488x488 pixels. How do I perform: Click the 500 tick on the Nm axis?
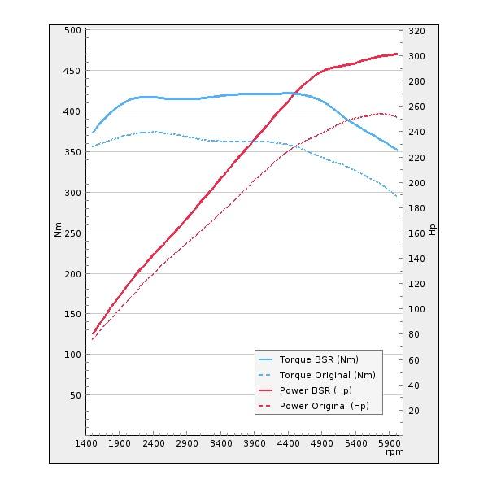(x=73, y=30)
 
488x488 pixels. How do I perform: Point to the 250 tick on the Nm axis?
(x=73, y=233)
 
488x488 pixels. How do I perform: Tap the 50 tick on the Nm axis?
(x=76, y=395)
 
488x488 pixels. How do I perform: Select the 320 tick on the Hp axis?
(x=416, y=31)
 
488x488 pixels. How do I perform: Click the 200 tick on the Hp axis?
(x=416, y=183)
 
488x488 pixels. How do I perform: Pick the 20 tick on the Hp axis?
(x=414, y=411)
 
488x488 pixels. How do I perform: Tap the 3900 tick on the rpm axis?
(x=255, y=443)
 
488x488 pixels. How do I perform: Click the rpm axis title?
(x=394, y=452)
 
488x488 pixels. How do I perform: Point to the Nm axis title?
(x=58, y=230)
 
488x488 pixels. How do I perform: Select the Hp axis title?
(x=432, y=230)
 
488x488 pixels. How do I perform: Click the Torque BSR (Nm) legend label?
(x=319, y=359)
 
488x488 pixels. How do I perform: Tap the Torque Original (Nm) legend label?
(x=327, y=375)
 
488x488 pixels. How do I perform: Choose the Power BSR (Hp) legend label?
(x=316, y=390)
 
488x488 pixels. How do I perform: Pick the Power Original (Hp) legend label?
(x=324, y=406)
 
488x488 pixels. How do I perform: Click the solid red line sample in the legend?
(x=266, y=390)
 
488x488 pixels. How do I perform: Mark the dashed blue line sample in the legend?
(x=266, y=375)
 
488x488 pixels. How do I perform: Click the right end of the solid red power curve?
(x=397, y=54)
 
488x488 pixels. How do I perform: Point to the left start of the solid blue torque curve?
(x=94, y=132)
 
